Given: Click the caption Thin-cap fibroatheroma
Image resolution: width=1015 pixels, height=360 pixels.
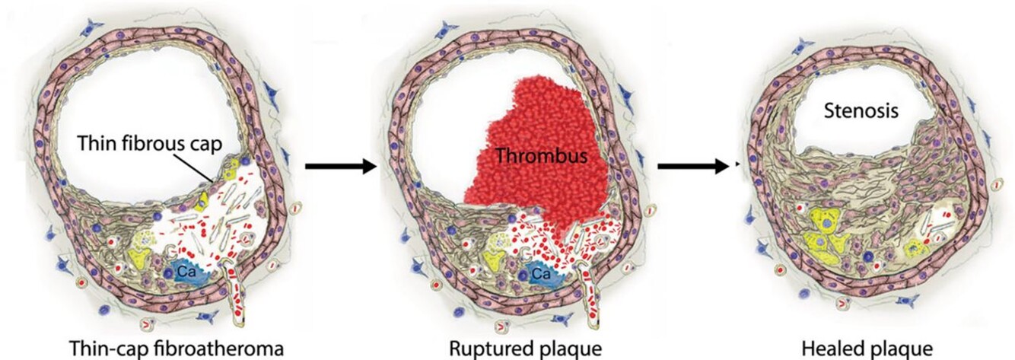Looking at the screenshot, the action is coord(177,348).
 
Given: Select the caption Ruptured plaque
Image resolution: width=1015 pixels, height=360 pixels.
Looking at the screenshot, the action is coord(526,348).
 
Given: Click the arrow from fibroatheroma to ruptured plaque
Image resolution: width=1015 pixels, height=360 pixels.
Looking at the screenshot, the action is coord(340,165).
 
